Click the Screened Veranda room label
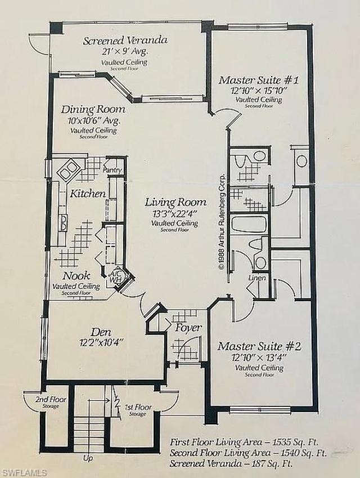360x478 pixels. (x=125, y=41)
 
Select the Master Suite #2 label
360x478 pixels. (x=259, y=346)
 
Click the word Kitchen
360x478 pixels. (x=88, y=193)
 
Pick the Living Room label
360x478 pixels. (x=175, y=202)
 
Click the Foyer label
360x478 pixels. (x=188, y=328)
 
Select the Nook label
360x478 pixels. (x=76, y=276)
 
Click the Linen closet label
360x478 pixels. (x=256, y=278)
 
